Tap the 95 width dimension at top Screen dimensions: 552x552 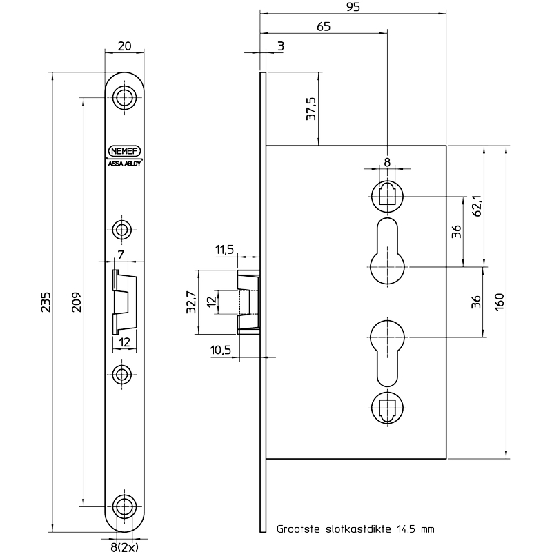pos(352,7)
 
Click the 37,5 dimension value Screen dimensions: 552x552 pos(311,109)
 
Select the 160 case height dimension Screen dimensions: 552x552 pos(500,302)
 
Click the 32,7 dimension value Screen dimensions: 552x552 pos(191,302)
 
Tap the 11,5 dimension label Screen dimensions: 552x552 pos(225,250)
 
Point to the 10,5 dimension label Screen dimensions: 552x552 pos(221,350)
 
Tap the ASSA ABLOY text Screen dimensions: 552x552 pos(124,163)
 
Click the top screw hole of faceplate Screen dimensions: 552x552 pos(124,97)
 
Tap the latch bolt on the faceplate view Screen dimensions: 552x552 pos(124,301)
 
